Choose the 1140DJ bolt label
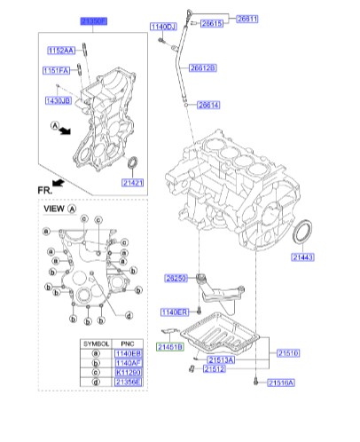tap(160, 27)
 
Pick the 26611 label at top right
tap(247, 17)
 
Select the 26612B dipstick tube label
tap(202, 67)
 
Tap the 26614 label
tap(209, 105)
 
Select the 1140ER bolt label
tap(173, 312)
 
